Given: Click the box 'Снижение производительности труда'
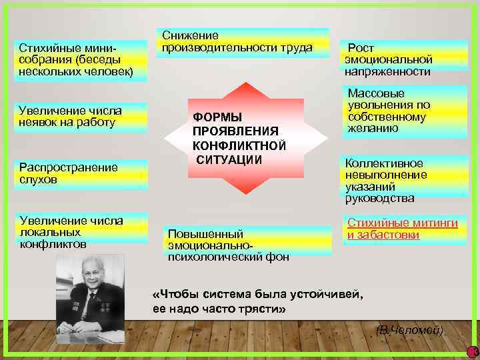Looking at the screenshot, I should click(243, 42).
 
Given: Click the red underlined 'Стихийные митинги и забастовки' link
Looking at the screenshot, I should click(402, 229).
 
